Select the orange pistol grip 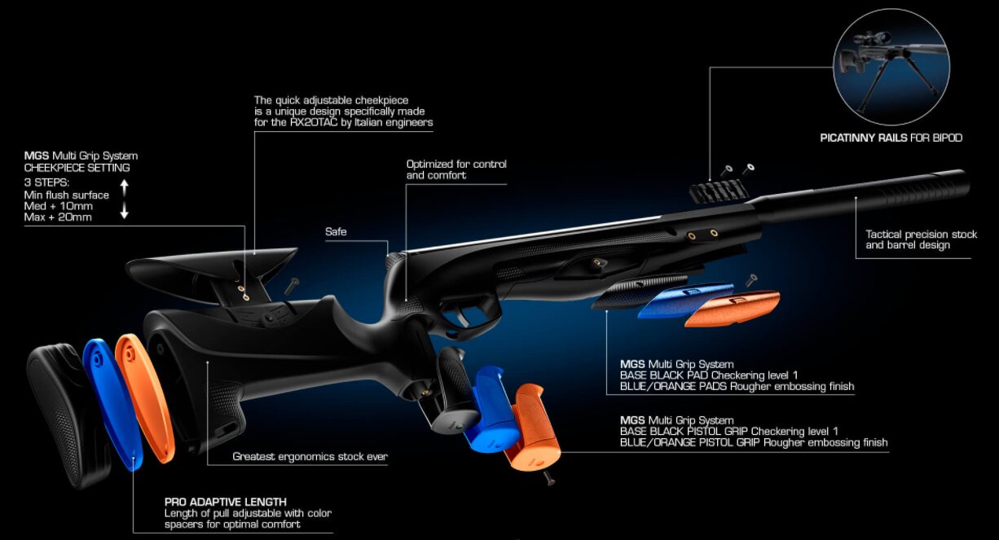[x=531, y=428]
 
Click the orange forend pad [x=733, y=308]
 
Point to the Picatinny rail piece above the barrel [x=717, y=191]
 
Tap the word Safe [x=336, y=232]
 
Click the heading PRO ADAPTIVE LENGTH [x=226, y=502]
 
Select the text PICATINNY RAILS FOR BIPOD [x=891, y=138]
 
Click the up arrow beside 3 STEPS [x=125, y=187]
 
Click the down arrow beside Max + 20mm [x=125, y=210]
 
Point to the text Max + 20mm [x=58, y=217]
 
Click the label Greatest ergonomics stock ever [x=310, y=457]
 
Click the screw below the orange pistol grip [x=549, y=478]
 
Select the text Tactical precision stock [x=922, y=235]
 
